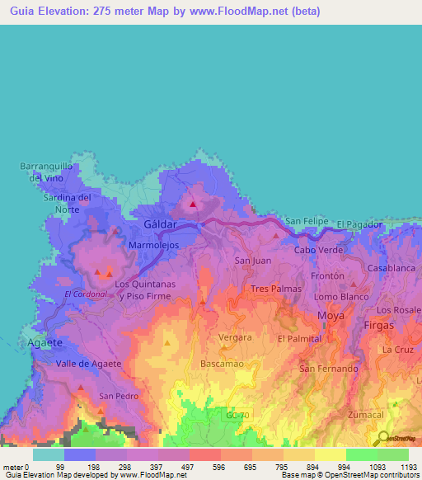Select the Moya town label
click(x=331, y=316)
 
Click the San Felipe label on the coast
click(x=306, y=222)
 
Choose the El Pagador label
click(x=359, y=224)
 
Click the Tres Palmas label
click(x=273, y=289)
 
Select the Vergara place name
click(x=235, y=337)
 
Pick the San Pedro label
click(x=116, y=396)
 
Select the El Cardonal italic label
click(x=85, y=294)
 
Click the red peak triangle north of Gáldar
click(x=193, y=205)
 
